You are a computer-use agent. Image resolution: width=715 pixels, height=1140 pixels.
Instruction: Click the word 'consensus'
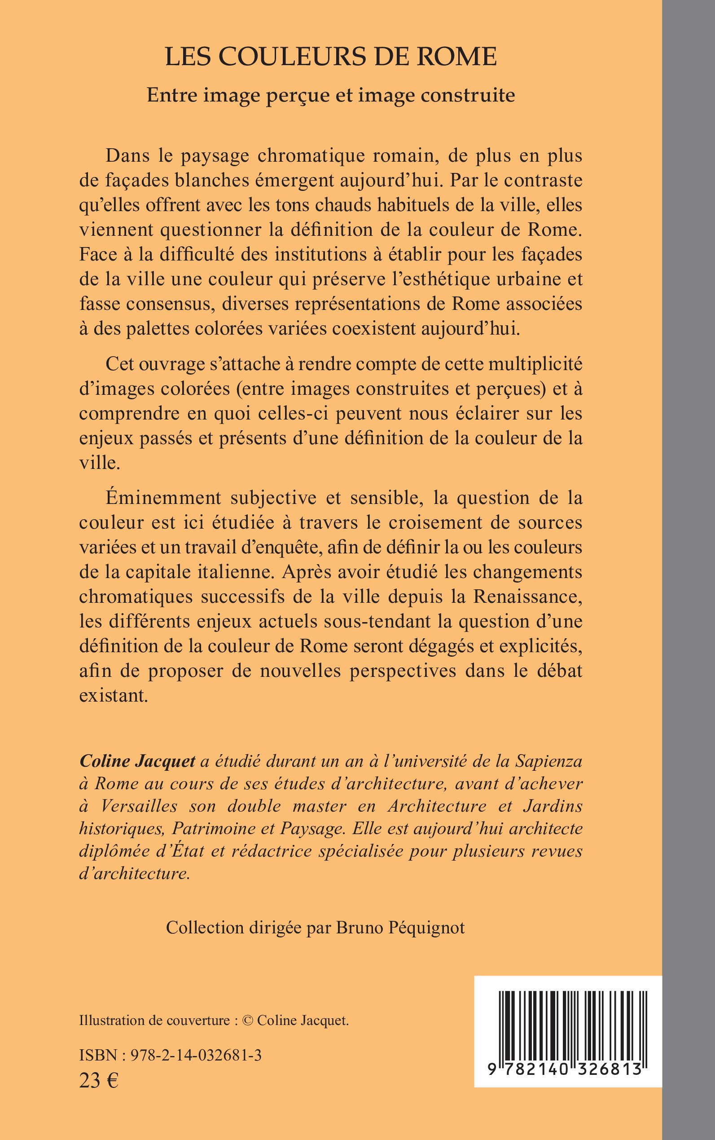click(158, 303)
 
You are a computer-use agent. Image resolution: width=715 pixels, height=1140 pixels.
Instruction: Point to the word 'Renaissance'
click(528, 596)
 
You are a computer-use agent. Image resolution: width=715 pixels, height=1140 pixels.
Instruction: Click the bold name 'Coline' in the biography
click(103, 761)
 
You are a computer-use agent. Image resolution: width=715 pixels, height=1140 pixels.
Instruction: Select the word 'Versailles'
click(131, 805)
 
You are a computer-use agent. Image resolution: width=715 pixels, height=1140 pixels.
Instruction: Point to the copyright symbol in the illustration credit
click(247, 1021)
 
